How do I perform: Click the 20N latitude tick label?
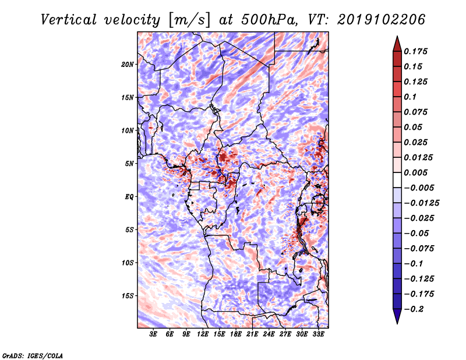pyautogui.click(x=128, y=64)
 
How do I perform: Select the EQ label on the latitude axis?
pyautogui.click(x=129, y=196)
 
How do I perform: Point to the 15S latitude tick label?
pyautogui.click(x=128, y=295)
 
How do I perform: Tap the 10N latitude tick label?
pyautogui.click(x=128, y=130)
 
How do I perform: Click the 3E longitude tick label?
pyautogui.click(x=154, y=335)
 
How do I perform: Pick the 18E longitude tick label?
pyautogui.click(x=236, y=335)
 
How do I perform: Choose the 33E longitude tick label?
pyautogui.click(x=318, y=335)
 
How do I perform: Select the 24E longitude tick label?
pyautogui.click(x=269, y=335)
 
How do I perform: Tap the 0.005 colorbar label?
pyautogui.click(x=416, y=172)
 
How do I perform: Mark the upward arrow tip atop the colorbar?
pyautogui.click(x=397, y=38)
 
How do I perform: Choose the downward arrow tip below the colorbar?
pyautogui.click(x=397, y=322)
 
